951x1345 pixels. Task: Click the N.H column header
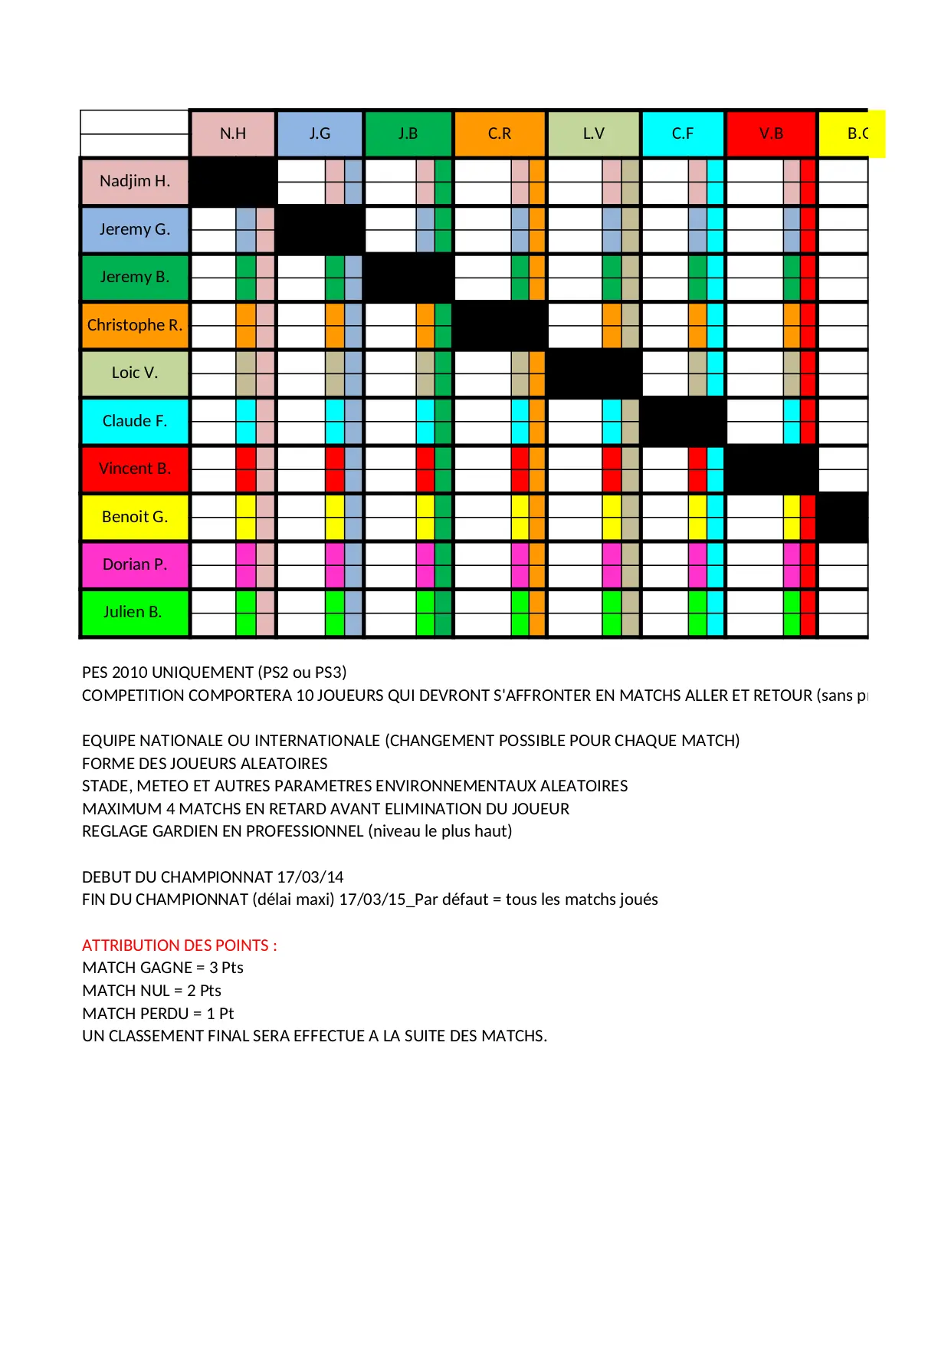pos(233,133)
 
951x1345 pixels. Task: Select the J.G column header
pos(320,133)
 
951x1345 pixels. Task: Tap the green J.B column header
pos(408,133)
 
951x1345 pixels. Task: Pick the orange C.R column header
pos(500,133)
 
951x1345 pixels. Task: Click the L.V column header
pos(594,133)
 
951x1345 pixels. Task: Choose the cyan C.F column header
pos(683,133)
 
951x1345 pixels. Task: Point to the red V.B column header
pos(771,133)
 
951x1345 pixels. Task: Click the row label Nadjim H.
pos(135,181)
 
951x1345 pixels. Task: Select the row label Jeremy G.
pos(135,229)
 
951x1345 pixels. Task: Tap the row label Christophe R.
pos(135,325)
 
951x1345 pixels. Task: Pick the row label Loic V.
pos(135,373)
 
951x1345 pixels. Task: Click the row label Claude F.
pos(135,421)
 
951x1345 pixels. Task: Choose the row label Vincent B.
pos(135,469)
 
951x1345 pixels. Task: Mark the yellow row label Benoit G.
pos(135,517)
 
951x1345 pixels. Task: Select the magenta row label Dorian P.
pos(135,564)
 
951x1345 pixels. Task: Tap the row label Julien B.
pos(135,612)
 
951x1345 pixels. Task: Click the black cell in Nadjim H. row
pos(233,181)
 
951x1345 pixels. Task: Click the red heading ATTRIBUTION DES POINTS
pos(179,945)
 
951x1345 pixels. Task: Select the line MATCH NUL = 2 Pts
pos(152,991)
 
